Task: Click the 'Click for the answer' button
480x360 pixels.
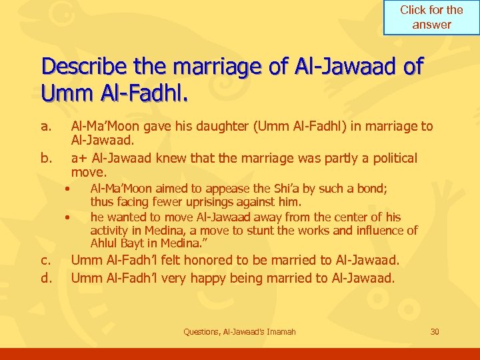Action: click(431, 18)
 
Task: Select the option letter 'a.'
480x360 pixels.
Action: click(46, 126)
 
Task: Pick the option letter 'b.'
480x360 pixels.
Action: click(47, 158)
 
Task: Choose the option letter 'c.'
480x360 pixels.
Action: click(46, 260)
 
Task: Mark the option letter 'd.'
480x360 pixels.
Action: click(47, 277)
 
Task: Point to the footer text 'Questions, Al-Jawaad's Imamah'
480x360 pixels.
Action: click(240, 332)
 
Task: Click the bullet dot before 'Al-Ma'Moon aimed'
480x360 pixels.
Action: click(67, 189)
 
